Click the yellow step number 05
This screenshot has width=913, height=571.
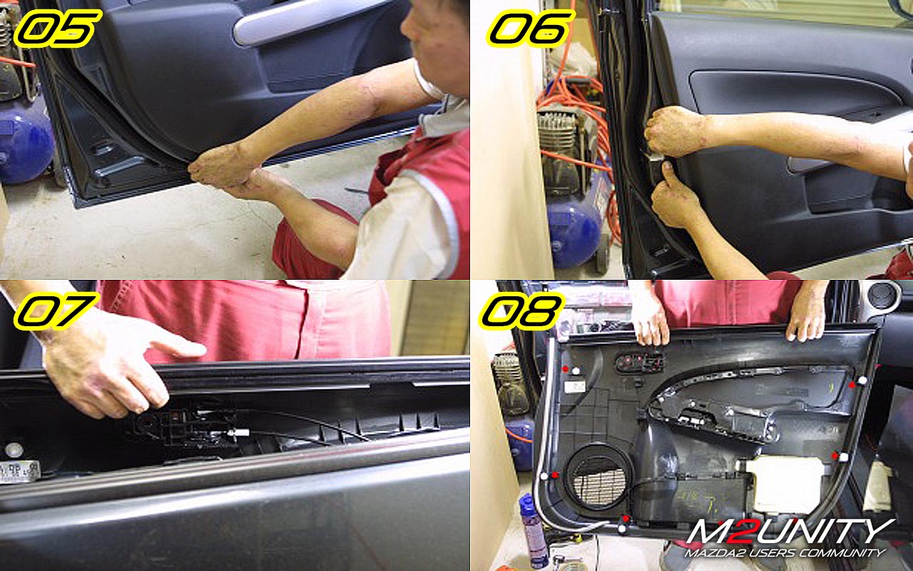pos(57,28)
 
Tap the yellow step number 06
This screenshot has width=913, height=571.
pos(531,28)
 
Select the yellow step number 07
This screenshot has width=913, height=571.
pos(56,310)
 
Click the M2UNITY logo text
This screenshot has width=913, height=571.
pos(791,531)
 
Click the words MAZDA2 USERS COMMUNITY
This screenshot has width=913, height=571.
pos(785,553)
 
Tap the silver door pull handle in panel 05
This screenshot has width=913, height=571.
pos(310,21)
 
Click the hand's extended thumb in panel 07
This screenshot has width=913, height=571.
pos(179,347)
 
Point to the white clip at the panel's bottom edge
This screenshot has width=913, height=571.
pos(622,529)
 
